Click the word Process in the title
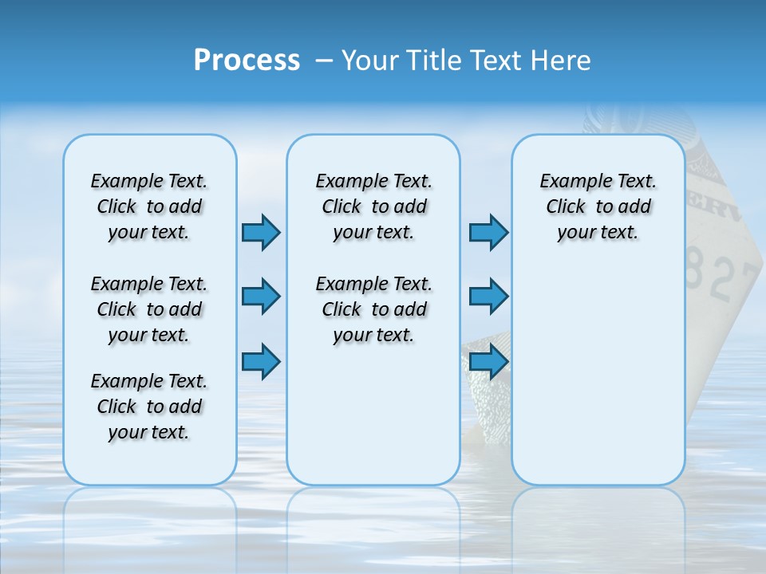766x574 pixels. pyautogui.click(x=247, y=61)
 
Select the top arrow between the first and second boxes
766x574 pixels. pyautogui.click(x=261, y=232)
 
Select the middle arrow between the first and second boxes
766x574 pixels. pyautogui.click(x=261, y=297)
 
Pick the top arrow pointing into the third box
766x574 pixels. pyautogui.click(x=488, y=232)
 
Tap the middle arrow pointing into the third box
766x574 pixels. pyautogui.click(x=488, y=297)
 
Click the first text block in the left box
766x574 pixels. pyautogui.click(x=149, y=206)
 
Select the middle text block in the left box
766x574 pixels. pyautogui.click(x=149, y=309)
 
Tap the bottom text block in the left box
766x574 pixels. pyautogui.click(x=149, y=407)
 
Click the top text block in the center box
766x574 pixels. pyautogui.click(x=373, y=206)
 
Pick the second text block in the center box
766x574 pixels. pyautogui.click(x=373, y=309)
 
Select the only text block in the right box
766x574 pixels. pyautogui.click(x=598, y=206)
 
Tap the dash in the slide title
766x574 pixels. pyautogui.click(x=324, y=61)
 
